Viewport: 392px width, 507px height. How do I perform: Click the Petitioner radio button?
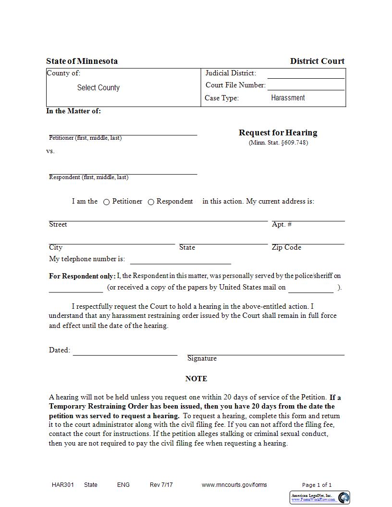point(107,202)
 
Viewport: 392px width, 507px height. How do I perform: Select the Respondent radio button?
point(151,202)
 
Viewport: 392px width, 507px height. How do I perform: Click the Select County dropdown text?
point(98,88)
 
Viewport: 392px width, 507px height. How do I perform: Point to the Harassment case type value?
point(288,98)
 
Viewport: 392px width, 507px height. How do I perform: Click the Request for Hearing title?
point(278,133)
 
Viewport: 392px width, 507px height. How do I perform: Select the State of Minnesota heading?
point(82,61)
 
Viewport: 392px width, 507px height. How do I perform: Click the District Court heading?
point(317,61)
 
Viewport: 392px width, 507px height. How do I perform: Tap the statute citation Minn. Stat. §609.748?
point(278,143)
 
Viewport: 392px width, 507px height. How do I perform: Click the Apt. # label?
point(282,224)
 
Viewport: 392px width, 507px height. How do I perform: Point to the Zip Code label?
point(286,247)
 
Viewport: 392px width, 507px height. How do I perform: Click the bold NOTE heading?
point(196,379)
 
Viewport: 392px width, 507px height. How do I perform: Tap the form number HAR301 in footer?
point(63,485)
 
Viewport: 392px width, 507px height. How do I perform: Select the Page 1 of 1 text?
point(317,485)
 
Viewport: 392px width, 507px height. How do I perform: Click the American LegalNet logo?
point(320,497)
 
